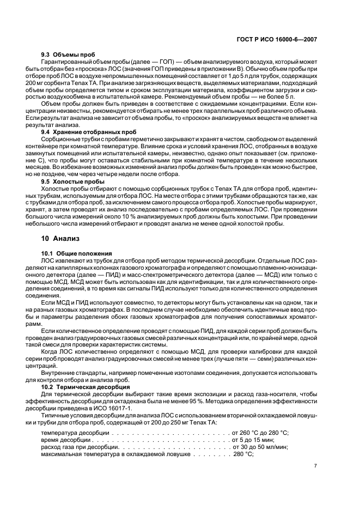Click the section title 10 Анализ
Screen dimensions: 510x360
60,238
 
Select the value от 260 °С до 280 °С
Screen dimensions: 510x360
260,433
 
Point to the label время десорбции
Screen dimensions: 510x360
67,440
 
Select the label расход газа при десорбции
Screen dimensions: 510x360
80,447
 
